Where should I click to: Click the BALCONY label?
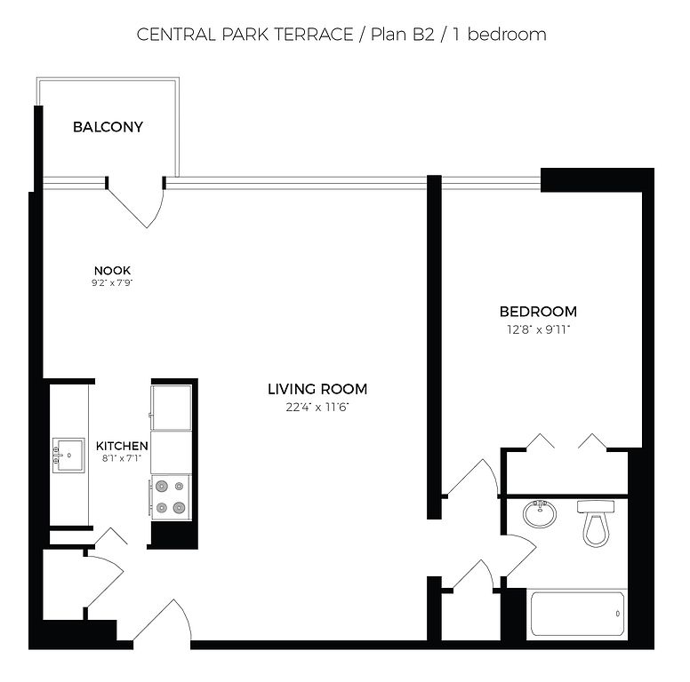[x=108, y=127]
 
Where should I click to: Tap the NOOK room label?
[x=112, y=270]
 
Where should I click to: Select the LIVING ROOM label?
[x=317, y=389]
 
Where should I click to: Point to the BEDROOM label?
[x=538, y=312]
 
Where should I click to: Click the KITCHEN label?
[x=122, y=446]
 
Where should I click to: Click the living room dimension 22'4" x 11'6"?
[x=317, y=408]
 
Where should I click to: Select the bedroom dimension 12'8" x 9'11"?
[x=538, y=329]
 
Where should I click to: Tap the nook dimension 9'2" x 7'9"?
[x=112, y=283]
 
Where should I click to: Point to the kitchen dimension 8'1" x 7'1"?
[x=122, y=459]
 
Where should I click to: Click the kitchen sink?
[x=68, y=456]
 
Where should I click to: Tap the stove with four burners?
[x=171, y=497]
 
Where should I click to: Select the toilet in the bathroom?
[x=596, y=523]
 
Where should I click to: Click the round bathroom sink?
[x=540, y=513]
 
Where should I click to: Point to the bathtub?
[x=577, y=614]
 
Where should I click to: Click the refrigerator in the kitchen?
[x=172, y=408]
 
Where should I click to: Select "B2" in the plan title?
[x=423, y=35]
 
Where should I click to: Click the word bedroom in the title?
[x=507, y=35]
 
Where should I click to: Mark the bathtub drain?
[x=617, y=614]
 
